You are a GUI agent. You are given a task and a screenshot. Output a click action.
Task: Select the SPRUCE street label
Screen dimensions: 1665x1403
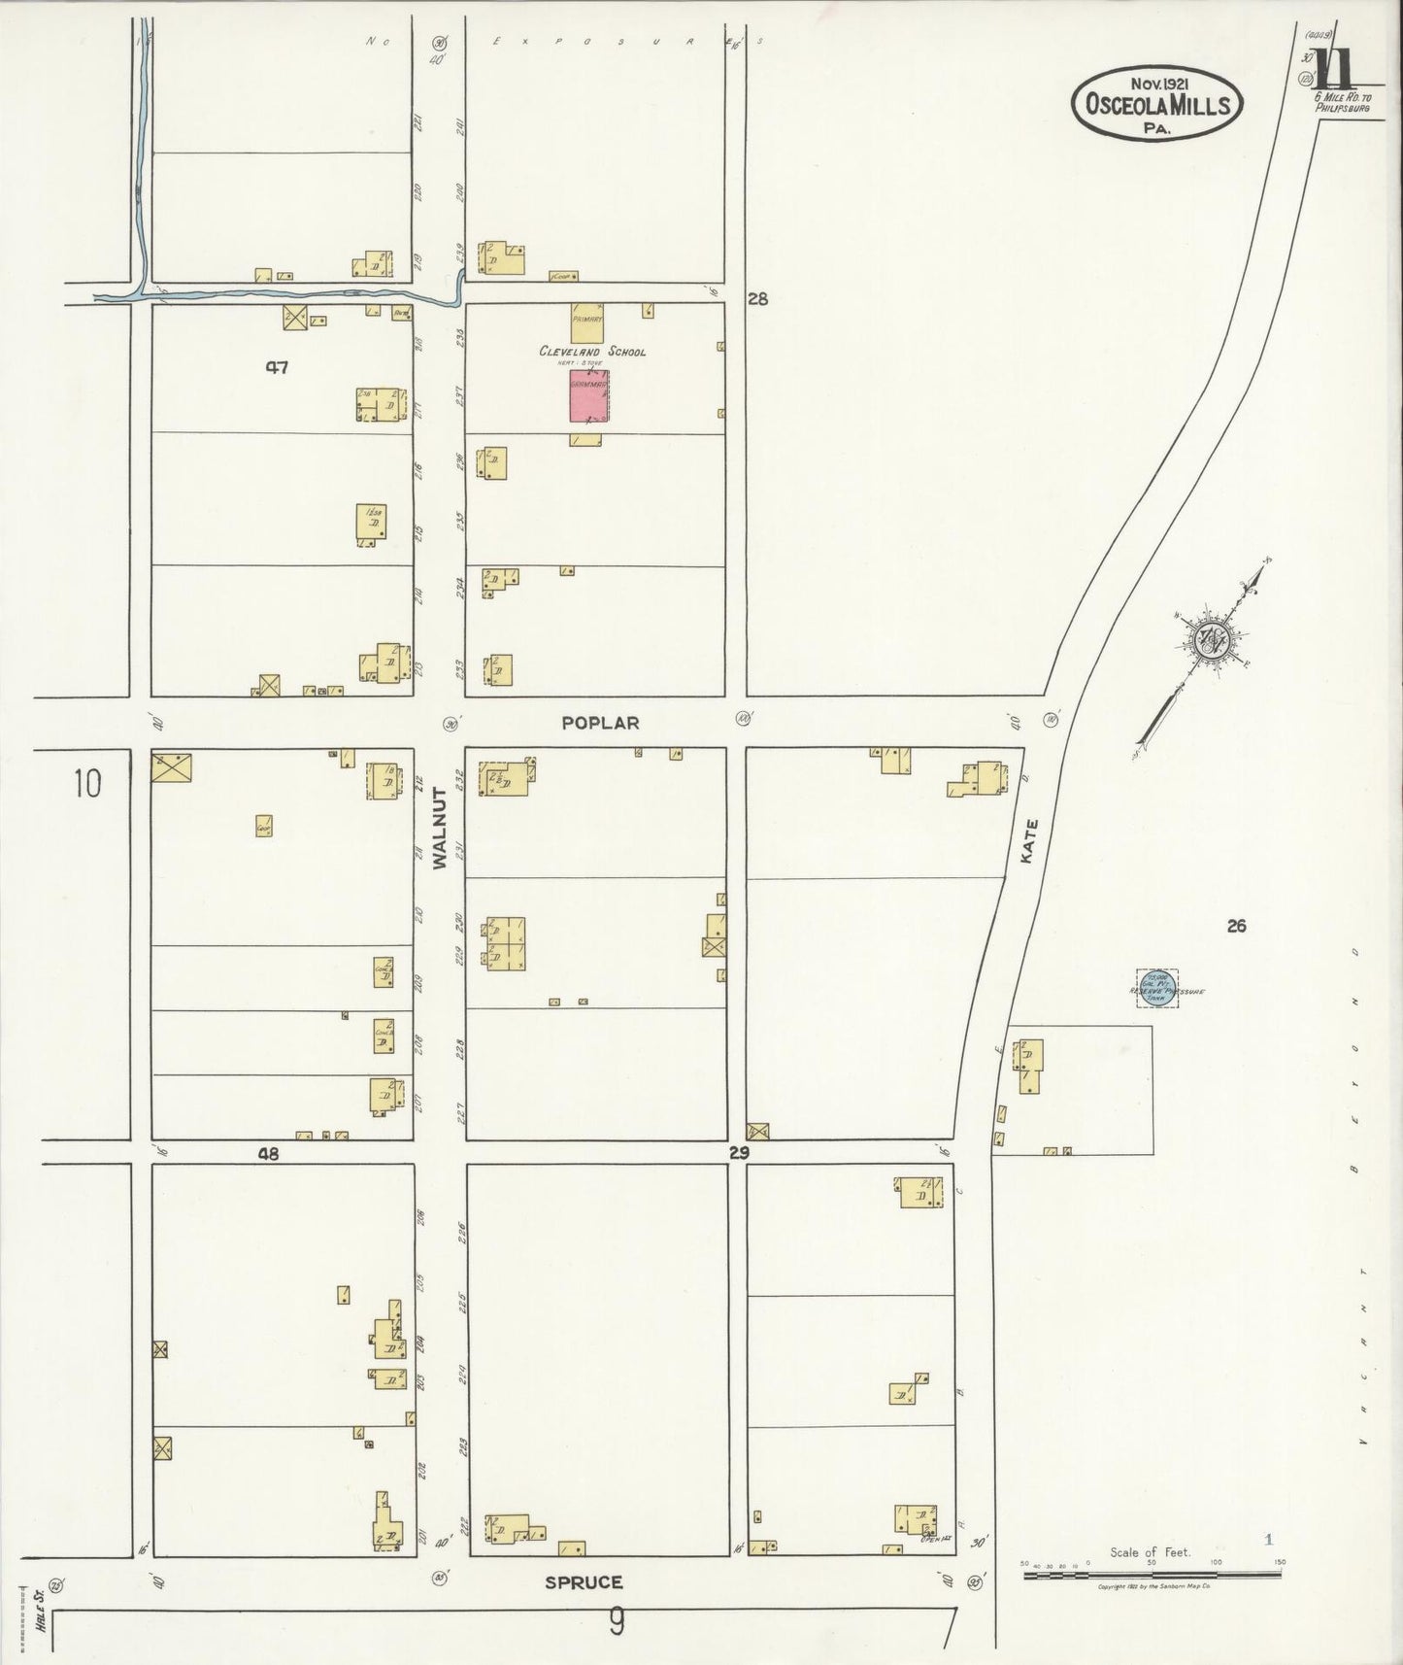584,1581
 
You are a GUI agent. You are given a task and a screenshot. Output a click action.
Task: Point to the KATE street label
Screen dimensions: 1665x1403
1030,841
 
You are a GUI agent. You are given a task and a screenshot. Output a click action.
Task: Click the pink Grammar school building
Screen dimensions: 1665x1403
588,394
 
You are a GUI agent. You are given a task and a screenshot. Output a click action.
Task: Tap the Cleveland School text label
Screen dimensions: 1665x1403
592,352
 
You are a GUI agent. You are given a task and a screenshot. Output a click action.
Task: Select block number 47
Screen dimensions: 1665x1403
278,367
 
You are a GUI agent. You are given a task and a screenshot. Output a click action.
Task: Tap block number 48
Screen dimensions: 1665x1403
268,1154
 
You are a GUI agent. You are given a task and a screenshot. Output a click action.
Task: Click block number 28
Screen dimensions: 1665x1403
757,299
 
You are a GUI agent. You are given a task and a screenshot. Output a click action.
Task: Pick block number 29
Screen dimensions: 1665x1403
740,1152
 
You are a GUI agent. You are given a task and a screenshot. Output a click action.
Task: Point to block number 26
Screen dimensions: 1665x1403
1235,926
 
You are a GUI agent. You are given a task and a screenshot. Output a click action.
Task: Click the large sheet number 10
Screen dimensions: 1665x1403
86,782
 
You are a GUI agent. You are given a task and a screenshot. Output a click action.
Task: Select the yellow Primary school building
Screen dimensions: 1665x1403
586,323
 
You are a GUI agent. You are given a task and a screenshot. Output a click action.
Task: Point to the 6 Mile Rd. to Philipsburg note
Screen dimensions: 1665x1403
1341,102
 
